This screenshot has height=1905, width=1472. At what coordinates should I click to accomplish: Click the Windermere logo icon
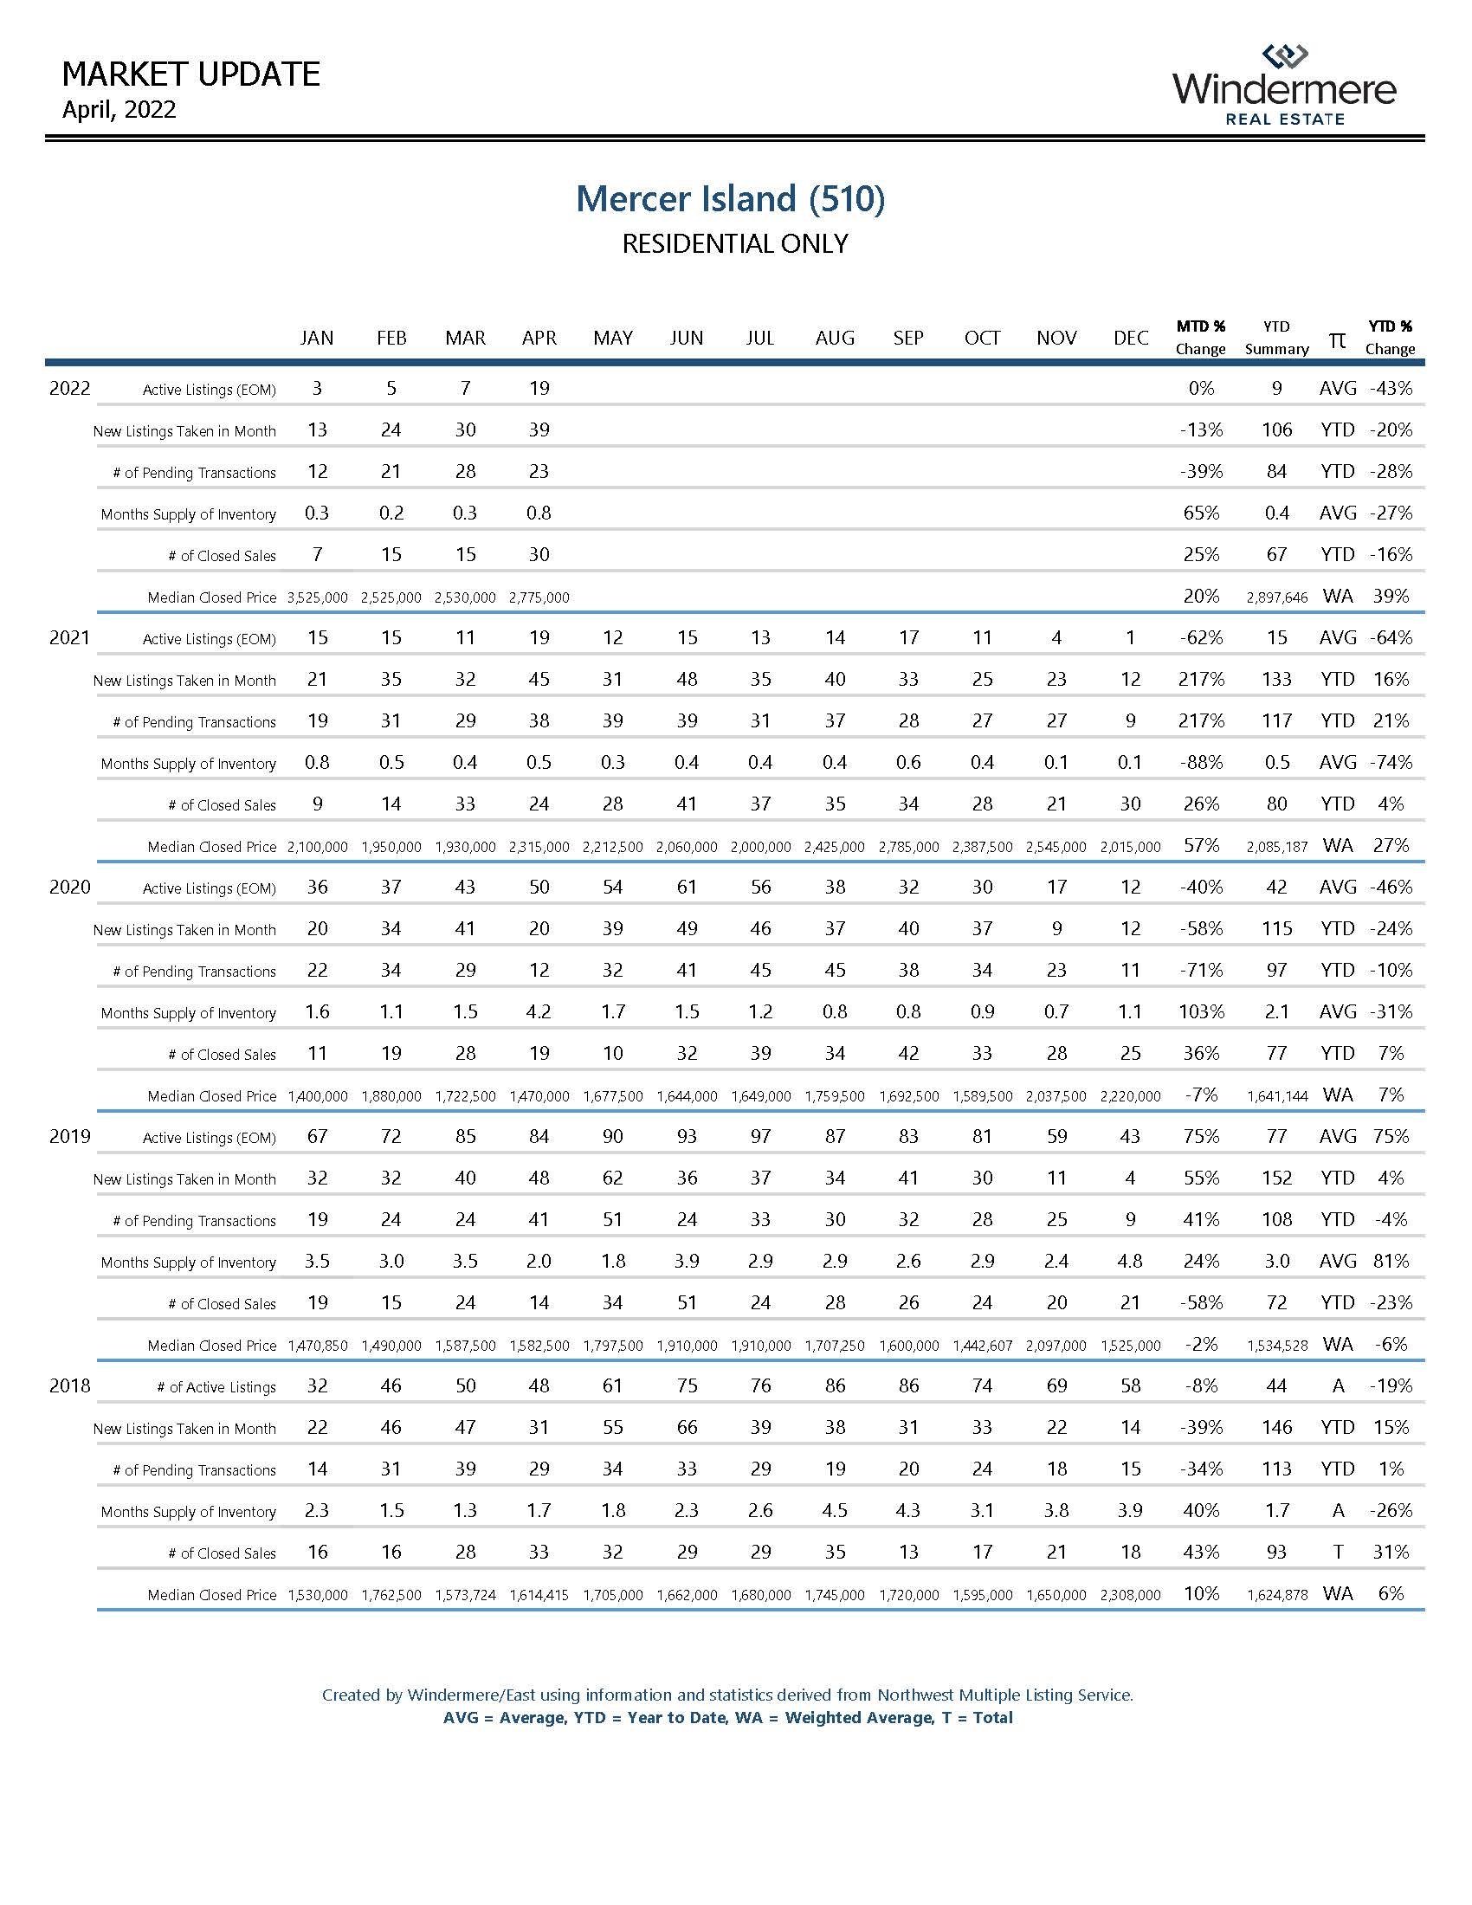(1284, 56)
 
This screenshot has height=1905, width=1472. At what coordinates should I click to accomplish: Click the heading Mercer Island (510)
(731, 199)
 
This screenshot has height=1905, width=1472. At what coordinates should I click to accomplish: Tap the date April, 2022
(119, 110)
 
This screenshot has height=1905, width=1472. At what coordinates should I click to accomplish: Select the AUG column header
(835, 339)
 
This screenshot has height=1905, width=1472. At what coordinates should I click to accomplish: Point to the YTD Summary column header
(1276, 338)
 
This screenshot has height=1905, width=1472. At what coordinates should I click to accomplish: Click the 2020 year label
(70, 887)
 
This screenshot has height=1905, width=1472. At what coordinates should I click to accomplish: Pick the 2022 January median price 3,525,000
(318, 597)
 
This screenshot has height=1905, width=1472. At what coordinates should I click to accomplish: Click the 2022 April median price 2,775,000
(539, 597)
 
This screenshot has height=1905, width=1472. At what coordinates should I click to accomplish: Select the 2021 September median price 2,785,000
(908, 847)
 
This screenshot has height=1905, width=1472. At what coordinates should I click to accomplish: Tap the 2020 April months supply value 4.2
(539, 1011)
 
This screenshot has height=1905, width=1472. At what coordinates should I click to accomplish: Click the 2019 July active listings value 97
(760, 1137)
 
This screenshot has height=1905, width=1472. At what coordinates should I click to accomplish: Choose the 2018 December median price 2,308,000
(1130, 1595)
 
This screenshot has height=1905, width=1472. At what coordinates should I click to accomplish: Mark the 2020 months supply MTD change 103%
(1201, 1011)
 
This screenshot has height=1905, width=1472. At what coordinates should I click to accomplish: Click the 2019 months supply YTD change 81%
(1390, 1262)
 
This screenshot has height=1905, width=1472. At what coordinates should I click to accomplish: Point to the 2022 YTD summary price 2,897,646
(1276, 597)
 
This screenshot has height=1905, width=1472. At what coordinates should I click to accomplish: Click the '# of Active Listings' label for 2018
(216, 1388)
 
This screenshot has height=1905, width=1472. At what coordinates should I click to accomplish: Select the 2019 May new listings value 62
(613, 1179)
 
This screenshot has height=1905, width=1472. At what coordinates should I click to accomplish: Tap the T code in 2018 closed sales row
(1338, 1553)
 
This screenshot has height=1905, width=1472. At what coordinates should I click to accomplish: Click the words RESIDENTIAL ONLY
(734, 244)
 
